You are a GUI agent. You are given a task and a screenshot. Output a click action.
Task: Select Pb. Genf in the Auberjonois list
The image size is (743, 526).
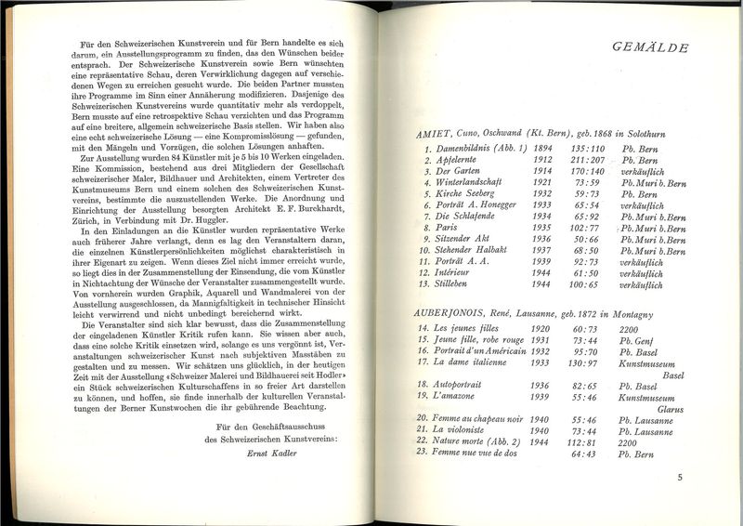point(636,340)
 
